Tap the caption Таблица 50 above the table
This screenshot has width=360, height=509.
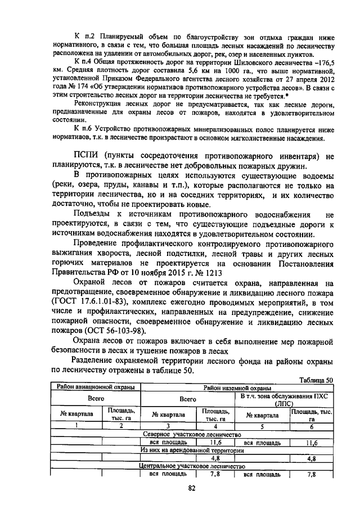click(x=317, y=380)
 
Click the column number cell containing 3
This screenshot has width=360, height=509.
click(x=167, y=426)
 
